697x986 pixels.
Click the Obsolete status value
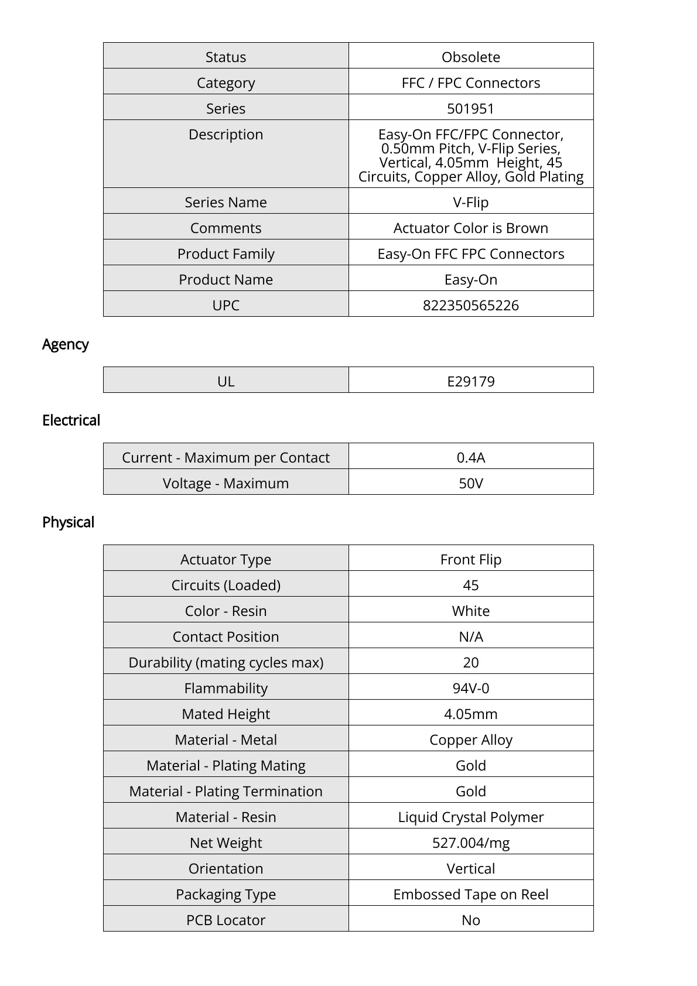click(470, 57)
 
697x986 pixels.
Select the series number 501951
click(470, 108)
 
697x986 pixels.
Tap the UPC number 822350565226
click(470, 305)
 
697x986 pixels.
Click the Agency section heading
click(65, 344)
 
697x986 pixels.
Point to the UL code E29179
click(470, 381)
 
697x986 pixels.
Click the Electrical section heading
click(71, 420)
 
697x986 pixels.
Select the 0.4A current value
click(470, 457)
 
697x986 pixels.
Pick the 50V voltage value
click(470, 483)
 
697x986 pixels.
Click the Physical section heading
click(68, 522)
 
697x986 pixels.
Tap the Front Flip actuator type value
click(470, 559)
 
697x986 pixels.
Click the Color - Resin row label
click(225, 611)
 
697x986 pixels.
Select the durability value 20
click(470, 662)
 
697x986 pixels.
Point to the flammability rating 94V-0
click(470, 688)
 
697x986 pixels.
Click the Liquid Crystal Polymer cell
click(470, 817)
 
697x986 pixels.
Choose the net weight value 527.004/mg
click(470, 843)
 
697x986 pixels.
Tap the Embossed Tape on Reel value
click(470, 894)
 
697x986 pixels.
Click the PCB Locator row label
click(225, 920)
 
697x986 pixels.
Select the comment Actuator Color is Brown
click(470, 228)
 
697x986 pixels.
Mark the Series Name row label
click(225, 202)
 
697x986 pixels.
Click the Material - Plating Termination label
click(225, 791)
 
